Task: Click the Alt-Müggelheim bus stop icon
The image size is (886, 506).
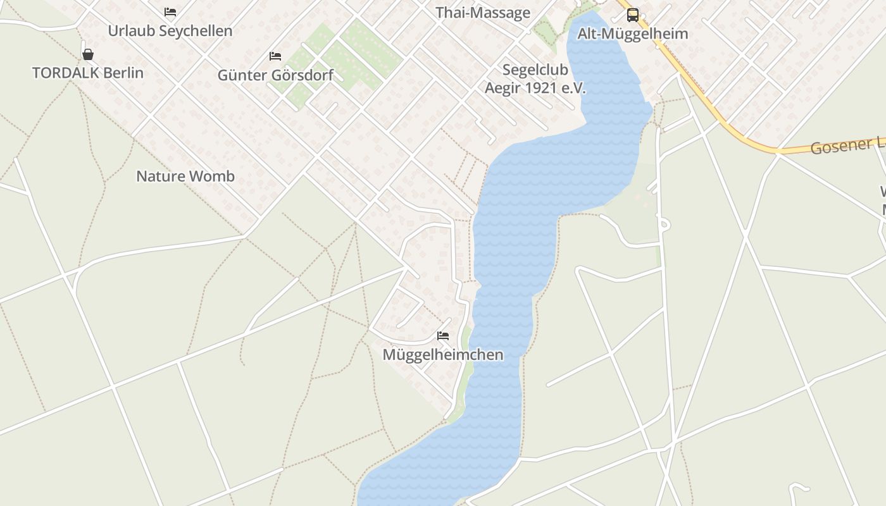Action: tap(632, 15)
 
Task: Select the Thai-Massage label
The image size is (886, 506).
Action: tap(482, 13)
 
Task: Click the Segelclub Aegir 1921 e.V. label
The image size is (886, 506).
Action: tap(535, 79)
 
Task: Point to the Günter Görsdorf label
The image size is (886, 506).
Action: tap(275, 75)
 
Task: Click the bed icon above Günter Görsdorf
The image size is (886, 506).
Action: tap(275, 56)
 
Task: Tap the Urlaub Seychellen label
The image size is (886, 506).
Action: tap(170, 31)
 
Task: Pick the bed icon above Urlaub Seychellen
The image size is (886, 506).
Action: tap(170, 12)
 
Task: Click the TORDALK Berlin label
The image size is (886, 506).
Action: tap(88, 73)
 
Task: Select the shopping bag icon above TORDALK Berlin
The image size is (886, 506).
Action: tap(88, 54)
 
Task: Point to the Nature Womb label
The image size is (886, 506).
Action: tap(185, 176)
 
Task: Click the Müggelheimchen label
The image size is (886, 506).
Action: tap(443, 355)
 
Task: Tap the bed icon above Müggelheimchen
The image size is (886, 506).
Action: tap(443, 336)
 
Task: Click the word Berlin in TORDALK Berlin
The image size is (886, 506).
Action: tap(123, 73)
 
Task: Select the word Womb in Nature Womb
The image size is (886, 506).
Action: tap(214, 176)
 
